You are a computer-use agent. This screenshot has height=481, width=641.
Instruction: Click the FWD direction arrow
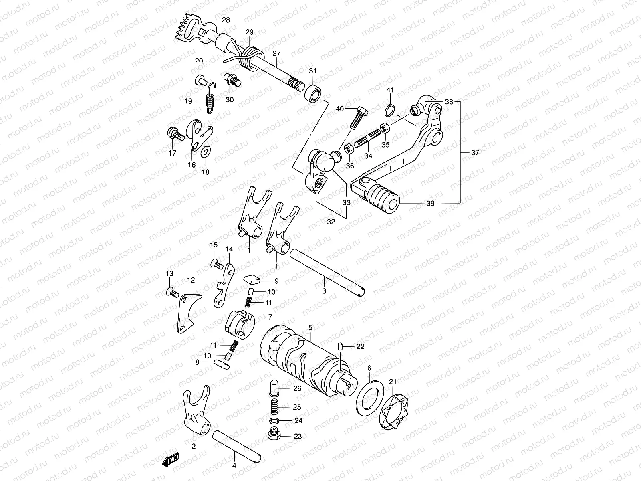(170, 461)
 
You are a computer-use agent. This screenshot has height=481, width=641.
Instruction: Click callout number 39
(430, 204)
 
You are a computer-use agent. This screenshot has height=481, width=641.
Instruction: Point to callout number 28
(226, 20)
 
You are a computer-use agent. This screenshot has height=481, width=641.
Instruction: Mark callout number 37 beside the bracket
(475, 153)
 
